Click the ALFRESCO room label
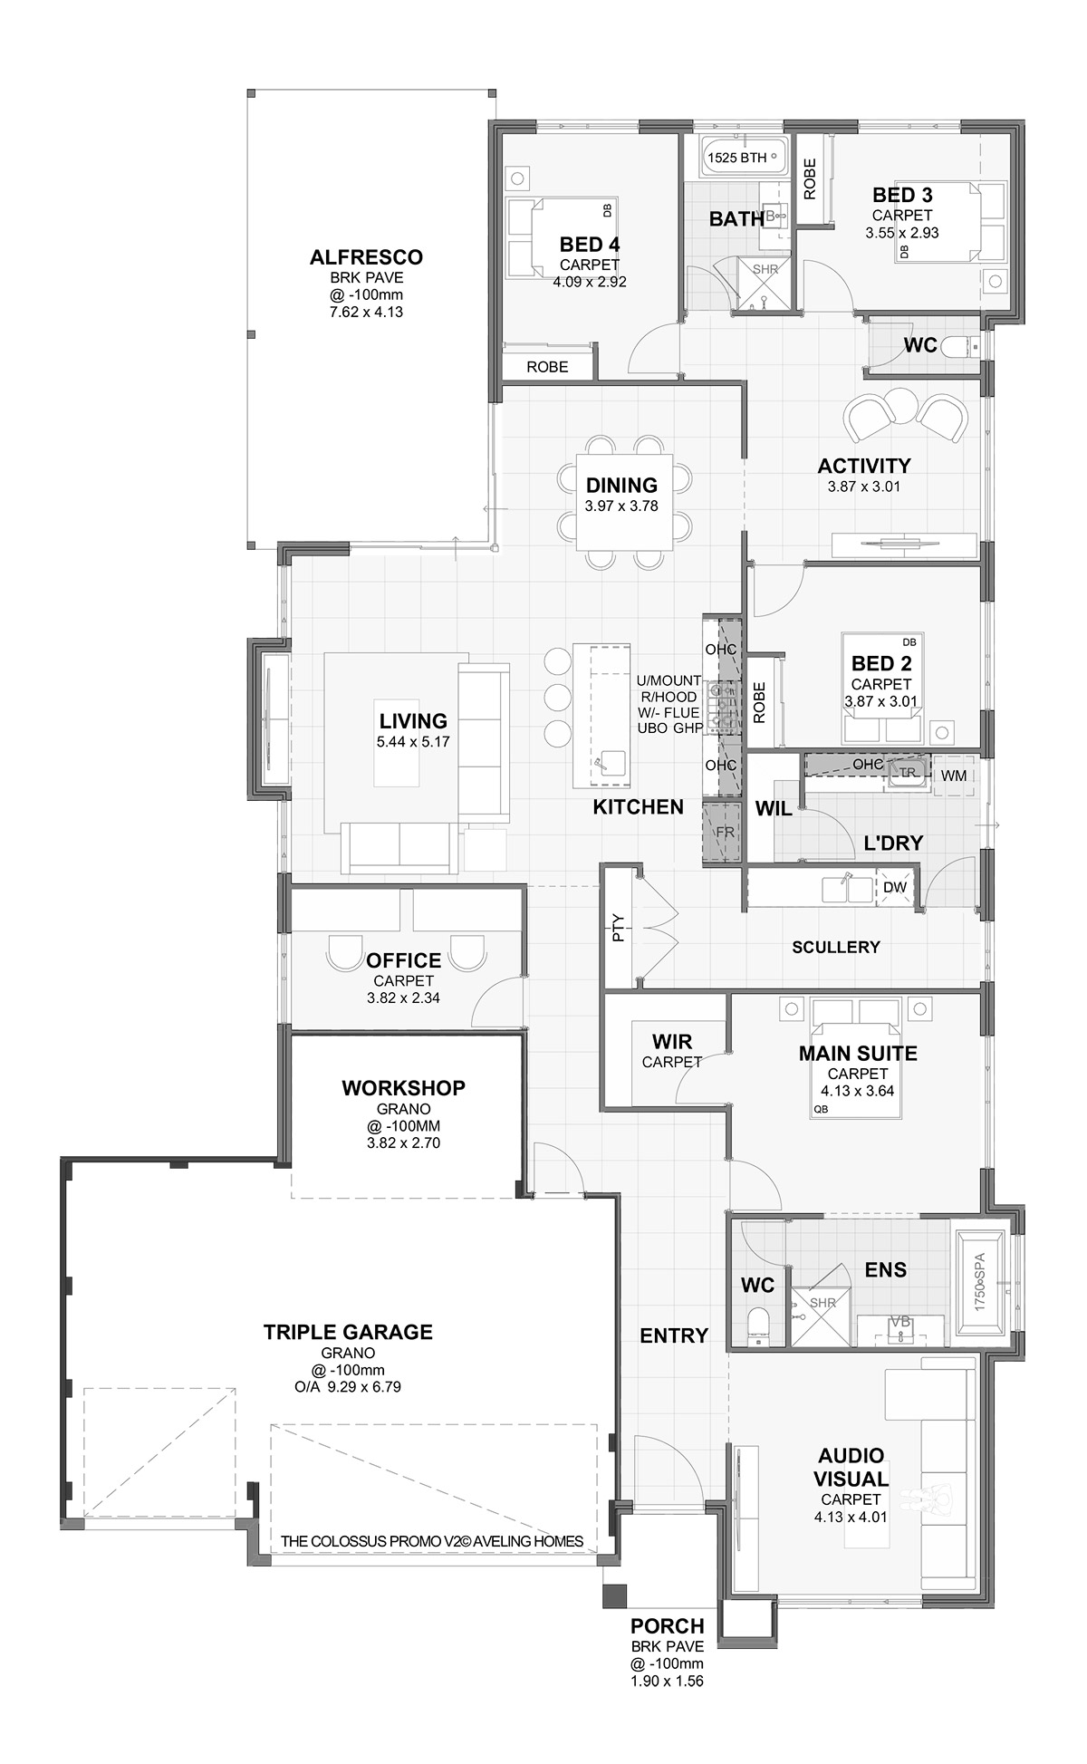(366, 257)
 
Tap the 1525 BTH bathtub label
(736, 158)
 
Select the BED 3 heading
(902, 195)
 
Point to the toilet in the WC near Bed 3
(957, 345)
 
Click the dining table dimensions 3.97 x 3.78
(621, 506)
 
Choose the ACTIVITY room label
(864, 466)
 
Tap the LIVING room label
(413, 721)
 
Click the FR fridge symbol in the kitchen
(724, 832)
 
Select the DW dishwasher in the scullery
(896, 888)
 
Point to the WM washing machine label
(953, 776)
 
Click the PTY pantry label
(619, 928)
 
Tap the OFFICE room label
(404, 960)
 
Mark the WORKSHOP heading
(403, 1088)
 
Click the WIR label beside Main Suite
(672, 1042)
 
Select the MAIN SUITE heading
(858, 1054)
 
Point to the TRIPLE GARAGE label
(348, 1332)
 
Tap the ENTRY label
(674, 1335)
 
